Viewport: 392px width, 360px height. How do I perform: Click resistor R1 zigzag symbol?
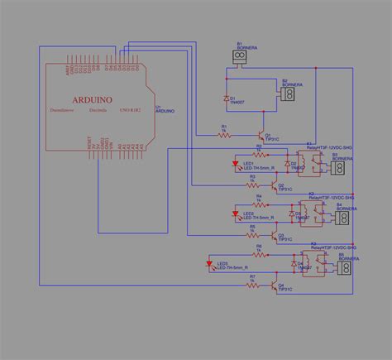(223, 132)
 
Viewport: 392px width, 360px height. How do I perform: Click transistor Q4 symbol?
(273, 286)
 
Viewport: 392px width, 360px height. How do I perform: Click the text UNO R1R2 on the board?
(130, 108)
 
